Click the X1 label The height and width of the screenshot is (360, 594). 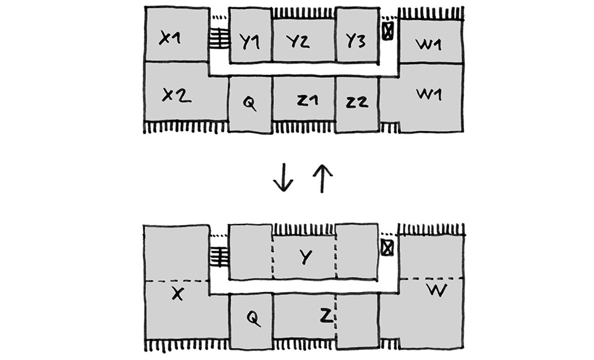pos(170,38)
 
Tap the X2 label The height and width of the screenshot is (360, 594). pos(176,95)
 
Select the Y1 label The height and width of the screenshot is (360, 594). pos(249,41)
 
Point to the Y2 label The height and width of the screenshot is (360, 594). pos(298,41)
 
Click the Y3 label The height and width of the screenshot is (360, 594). pos(356,40)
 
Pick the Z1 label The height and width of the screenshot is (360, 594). pos(308,101)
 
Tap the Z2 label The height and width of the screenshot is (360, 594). pos(357,102)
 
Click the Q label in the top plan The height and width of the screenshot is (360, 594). pos(249,103)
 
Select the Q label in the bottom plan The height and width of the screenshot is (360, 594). pos(253,319)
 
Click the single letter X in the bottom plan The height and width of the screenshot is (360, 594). pos(178,293)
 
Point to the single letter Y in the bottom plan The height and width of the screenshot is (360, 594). pos(305,257)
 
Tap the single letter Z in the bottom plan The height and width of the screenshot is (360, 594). pos(326,315)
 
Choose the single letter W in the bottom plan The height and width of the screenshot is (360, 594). pos(437,290)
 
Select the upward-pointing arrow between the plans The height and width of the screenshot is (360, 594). pos(322,178)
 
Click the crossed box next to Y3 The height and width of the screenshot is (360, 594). pos(387,31)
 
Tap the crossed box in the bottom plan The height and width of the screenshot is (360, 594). pos(387,248)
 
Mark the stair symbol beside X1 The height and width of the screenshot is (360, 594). pos(219,38)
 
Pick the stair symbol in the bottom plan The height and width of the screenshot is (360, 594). pos(219,256)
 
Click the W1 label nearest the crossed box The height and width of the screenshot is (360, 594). pos(428,45)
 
